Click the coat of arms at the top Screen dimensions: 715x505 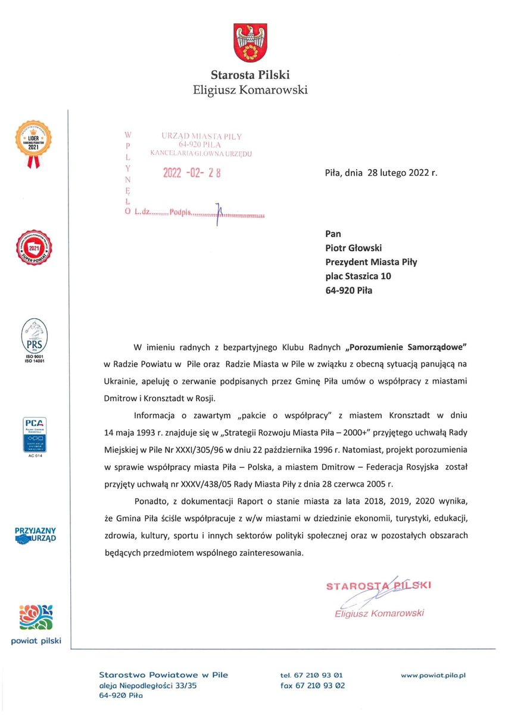pyautogui.click(x=250, y=43)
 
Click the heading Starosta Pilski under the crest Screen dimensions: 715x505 pyautogui.click(x=250, y=75)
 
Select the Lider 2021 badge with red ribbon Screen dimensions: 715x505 pyautogui.click(x=33, y=143)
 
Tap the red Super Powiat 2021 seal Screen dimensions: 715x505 pyautogui.click(x=33, y=249)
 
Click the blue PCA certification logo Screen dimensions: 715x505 pyautogui.click(x=33, y=436)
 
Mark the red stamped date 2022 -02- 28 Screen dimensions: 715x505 pyautogui.click(x=192, y=173)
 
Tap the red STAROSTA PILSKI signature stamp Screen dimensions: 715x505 pyautogui.click(x=379, y=586)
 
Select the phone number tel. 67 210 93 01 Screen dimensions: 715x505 pyautogui.click(x=311, y=675)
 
